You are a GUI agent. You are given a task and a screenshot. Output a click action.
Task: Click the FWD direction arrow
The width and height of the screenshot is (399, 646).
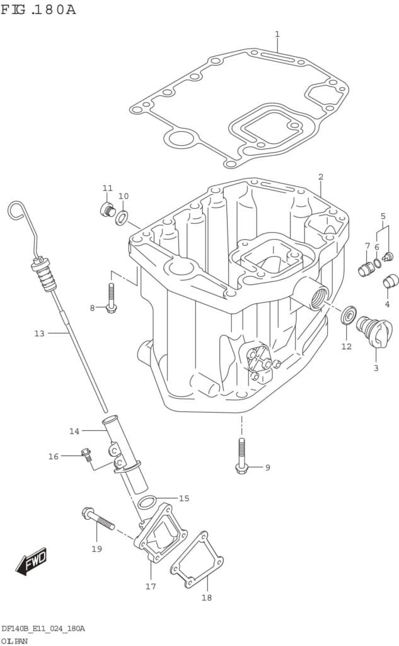(32, 561)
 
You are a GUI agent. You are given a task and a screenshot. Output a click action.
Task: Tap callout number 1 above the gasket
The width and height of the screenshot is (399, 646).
(277, 34)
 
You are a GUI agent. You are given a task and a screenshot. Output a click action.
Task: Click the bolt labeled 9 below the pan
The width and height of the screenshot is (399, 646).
(241, 455)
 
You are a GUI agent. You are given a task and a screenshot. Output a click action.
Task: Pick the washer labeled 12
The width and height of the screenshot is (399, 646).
(348, 315)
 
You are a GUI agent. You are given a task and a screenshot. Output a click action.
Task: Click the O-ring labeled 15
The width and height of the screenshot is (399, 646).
(147, 502)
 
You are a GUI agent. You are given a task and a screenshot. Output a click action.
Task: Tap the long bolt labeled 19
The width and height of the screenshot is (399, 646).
(98, 518)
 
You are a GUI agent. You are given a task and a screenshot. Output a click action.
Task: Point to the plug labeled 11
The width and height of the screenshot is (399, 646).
(108, 209)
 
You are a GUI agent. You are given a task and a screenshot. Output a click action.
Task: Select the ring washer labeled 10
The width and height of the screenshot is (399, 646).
(122, 218)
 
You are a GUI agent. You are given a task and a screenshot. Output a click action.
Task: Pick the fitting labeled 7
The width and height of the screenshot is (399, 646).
(366, 269)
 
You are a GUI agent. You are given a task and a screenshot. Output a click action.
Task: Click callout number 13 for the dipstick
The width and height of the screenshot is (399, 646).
(39, 333)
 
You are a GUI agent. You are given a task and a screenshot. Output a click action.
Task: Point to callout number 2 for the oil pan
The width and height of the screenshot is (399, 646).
(320, 177)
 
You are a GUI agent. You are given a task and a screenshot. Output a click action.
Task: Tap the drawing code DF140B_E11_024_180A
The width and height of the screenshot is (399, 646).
(43, 628)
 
